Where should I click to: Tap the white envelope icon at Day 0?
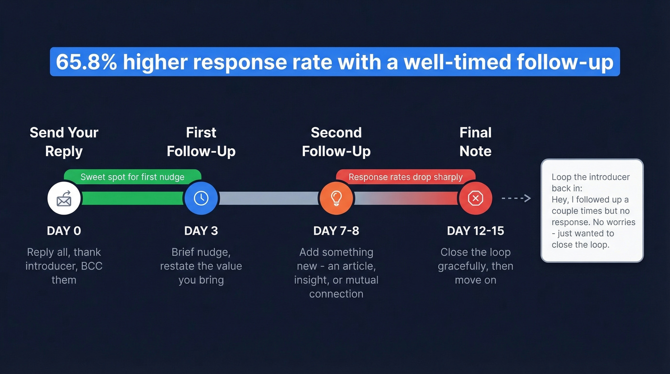click(x=64, y=198)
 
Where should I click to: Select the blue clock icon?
click(x=201, y=198)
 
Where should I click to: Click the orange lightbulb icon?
click(x=336, y=198)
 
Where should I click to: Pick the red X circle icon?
click(x=475, y=198)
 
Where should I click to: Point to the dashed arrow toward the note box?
click(x=516, y=198)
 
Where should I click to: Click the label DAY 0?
click(x=64, y=231)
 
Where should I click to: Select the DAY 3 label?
click(x=201, y=231)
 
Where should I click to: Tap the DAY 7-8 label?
click(x=336, y=231)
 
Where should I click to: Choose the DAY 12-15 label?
click(x=475, y=231)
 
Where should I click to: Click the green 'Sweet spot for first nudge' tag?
click(x=133, y=177)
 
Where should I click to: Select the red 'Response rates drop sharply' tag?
click(x=405, y=177)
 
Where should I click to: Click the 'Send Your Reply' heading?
click(x=64, y=142)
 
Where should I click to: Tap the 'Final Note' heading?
click(x=475, y=142)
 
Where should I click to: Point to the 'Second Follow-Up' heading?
click(x=336, y=142)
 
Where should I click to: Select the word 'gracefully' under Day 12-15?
click(x=462, y=266)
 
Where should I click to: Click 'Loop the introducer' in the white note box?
click(x=591, y=177)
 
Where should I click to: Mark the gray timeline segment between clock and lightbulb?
click(x=268, y=198)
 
